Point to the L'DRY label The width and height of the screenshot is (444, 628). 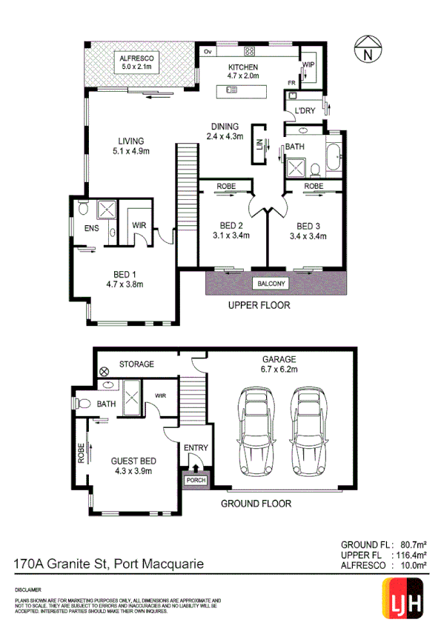point(305,111)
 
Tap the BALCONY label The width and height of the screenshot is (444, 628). point(271,284)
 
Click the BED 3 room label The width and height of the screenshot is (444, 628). point(308,230)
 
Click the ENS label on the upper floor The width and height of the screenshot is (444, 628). point(91,228)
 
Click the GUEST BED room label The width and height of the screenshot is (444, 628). point(132,465)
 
